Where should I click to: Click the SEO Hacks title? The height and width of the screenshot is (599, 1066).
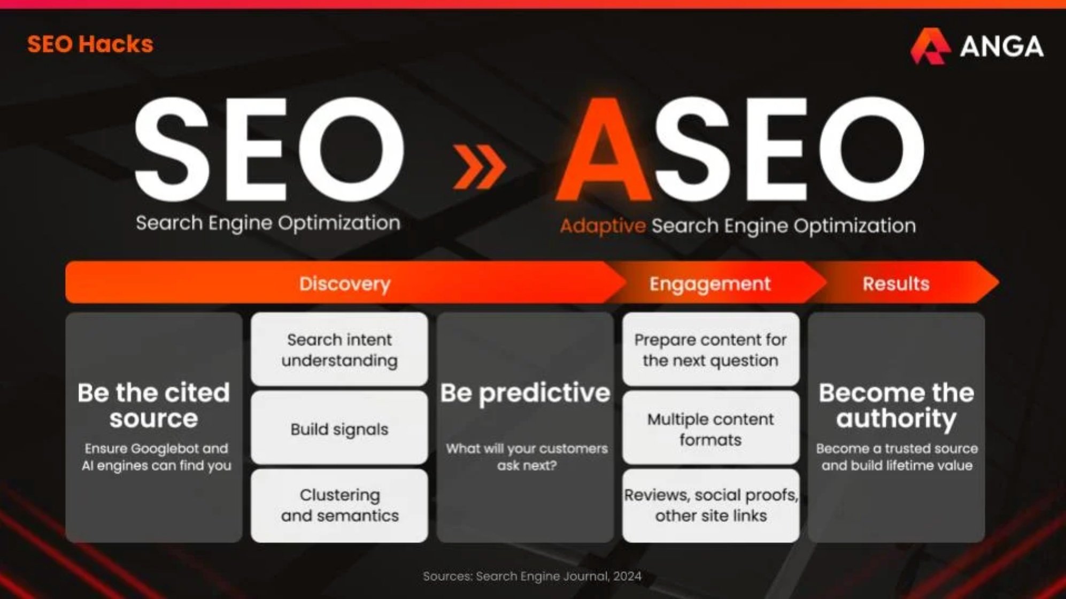(x=90, y=44)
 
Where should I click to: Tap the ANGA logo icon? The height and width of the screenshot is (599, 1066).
(x=930, y=47)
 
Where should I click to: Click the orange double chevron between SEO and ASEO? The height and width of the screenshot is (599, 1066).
(x=479, y=167)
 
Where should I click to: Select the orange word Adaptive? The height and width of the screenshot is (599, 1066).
(x=602, y=226)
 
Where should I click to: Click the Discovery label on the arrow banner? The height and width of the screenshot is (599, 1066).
(x=345, y=283)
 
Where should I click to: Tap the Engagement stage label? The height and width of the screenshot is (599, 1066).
(x=710, y=283)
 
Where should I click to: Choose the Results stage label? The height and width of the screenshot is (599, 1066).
(x=896, y=283)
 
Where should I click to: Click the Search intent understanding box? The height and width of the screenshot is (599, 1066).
(x=339, y=350)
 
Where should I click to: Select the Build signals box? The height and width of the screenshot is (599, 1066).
(x=339, y=429)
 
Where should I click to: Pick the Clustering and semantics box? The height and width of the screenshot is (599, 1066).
(x=339, y=505)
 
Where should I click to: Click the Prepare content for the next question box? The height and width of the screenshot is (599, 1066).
(x=710, y=350)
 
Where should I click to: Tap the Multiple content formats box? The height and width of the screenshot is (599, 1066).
(x=710, y=429)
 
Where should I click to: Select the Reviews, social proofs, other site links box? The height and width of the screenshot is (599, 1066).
(x=710, y=505)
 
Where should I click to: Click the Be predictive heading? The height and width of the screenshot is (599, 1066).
(x=525, y=393)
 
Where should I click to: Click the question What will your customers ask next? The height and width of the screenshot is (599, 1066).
(x=527, y=457)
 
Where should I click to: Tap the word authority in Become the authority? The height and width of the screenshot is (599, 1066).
(x=896, y=418)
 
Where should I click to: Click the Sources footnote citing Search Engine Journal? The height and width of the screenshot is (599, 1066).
(x=532, y=576)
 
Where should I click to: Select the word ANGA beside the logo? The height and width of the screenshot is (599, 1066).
(x=1001, y=47)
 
